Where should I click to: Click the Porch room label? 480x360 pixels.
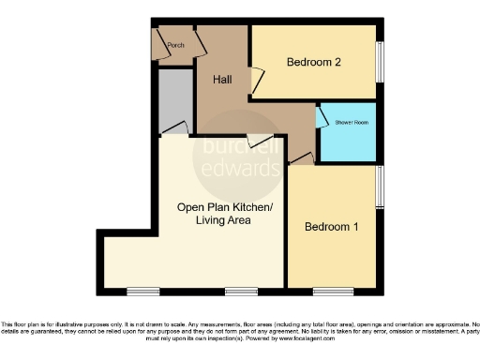coord(174,45)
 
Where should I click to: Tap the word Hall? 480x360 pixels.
coord(222,80)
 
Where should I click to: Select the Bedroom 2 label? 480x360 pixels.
coord(312,63)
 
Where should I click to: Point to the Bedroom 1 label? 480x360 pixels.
coord(331,227)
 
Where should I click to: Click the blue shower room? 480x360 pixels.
coord(347,136)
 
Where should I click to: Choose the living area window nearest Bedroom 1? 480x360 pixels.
coord(241,289)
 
